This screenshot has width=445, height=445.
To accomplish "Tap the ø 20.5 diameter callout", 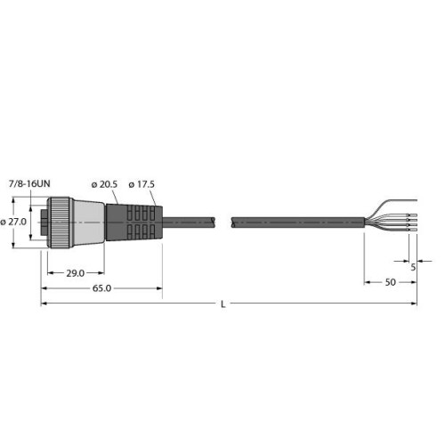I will (x=104, y=183).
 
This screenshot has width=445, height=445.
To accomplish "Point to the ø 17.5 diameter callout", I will (x=143, y=183).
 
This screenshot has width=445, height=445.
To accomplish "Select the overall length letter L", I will (x=222, y=305).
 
